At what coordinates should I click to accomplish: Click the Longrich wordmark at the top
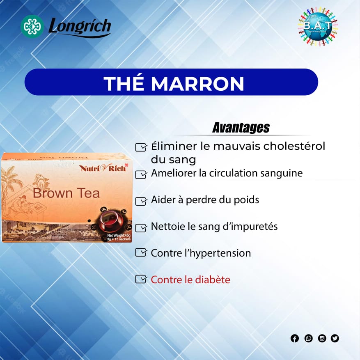tap(80, 27)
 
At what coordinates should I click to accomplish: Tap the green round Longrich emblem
tap(32, 27)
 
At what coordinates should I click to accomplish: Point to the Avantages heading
tap(241, 128)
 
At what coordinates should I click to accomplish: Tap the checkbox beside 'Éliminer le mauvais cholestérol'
tap(141, 147)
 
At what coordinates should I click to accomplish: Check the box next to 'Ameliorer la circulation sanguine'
tap(141, 174)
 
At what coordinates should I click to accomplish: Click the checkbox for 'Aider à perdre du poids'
tap(141, 201)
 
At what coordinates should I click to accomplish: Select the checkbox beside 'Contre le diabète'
tap(141, 279)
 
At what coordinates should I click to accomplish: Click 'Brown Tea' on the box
tap(66, 193)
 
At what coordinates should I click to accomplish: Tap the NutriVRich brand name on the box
tap(103, 167)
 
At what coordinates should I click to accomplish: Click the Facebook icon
tap(295, 338)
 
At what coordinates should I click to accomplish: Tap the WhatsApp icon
tap(308, 338)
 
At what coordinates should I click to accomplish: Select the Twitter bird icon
tap(335, 338)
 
